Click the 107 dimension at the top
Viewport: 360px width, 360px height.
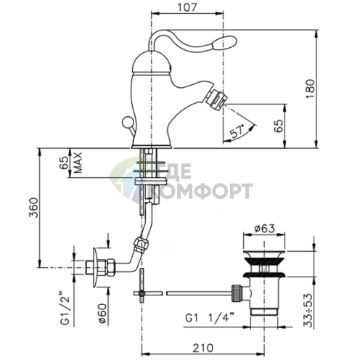tap(187, 7)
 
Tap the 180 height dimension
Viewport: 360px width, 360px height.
tap(310, 89)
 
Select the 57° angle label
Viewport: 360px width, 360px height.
tap(237, 131)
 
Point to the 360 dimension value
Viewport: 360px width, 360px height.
tap(33, 208)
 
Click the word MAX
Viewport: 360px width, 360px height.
tap(78, 163)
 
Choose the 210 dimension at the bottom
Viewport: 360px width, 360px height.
tap(203, 348)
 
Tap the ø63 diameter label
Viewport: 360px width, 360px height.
tap(264, 228)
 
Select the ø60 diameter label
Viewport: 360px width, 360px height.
tap(102, 313)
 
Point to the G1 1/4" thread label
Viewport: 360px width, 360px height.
tap(210, 317)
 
